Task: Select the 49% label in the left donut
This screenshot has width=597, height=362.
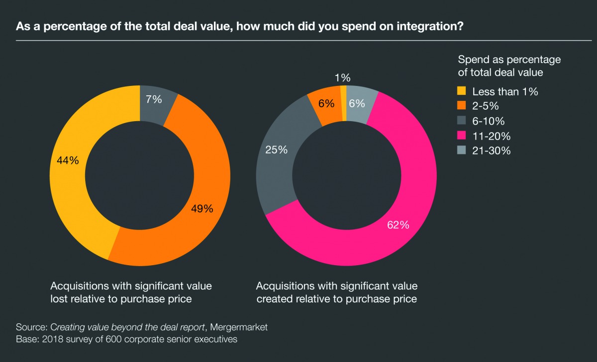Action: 202,209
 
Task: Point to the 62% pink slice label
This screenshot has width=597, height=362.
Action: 398,225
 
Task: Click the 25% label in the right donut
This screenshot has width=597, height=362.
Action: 277,149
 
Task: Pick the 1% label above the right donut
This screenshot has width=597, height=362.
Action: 343,77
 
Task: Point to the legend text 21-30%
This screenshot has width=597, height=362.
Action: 492,151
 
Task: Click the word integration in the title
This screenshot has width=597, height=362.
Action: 424,26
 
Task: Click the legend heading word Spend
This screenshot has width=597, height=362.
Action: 472,60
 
